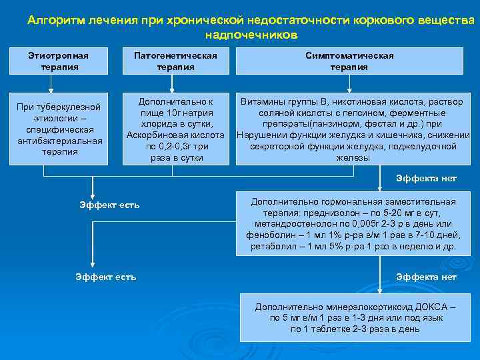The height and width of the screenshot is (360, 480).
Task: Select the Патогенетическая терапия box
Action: [x=176, y=61]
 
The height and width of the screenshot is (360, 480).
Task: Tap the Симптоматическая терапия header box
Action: [x=349, y=61]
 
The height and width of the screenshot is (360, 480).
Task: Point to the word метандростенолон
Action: [x=293, y=225]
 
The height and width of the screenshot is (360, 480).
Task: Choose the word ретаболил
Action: [x=271, y=247]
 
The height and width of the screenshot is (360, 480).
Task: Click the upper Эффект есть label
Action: [x=110, y=205]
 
